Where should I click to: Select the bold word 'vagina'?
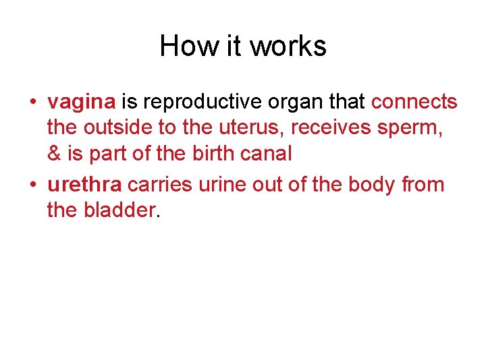[82, 102]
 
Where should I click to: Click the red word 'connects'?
[414, 102]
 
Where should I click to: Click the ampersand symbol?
[55, 154]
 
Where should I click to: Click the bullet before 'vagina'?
[32, 103]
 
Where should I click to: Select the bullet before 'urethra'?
[32, 185]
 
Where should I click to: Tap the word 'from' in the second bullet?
[422, 185]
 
